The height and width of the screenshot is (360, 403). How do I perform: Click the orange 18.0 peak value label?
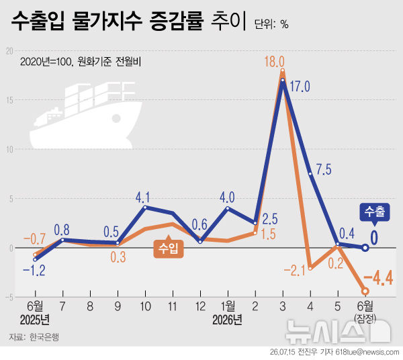click(275, 62)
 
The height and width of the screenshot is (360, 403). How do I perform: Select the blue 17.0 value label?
click(300, 87)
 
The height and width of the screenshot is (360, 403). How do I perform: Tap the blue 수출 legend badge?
click(375, 212)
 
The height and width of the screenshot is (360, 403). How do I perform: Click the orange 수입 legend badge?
click(169, 249)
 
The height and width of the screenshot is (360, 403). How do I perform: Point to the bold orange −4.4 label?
click(379, 277)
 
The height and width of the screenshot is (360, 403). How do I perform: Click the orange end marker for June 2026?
click(365, 291)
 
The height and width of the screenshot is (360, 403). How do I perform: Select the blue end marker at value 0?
click(365, 248)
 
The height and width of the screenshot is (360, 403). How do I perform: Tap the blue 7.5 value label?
click(324, 170)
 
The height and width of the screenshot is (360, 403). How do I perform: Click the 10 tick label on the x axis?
click(145, 306)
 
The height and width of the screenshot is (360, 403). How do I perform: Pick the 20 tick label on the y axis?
click(9, 51)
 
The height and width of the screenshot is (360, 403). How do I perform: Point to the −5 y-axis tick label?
click(9, 298)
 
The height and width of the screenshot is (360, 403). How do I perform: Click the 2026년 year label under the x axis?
click(227, 320)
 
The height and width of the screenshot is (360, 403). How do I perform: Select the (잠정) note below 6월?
click(365, 319)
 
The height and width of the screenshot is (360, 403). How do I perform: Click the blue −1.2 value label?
click(34, 271)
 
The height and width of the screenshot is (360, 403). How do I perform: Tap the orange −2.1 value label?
click(295, 271)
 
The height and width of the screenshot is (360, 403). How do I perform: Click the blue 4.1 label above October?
click(142, 197)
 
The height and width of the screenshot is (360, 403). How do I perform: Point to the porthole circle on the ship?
click(116, 118)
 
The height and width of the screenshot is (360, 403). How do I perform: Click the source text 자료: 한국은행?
click(34, 337)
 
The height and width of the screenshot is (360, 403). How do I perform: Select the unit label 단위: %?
click(271, 24)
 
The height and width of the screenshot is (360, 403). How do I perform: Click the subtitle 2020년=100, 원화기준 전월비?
click(81, 62)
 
